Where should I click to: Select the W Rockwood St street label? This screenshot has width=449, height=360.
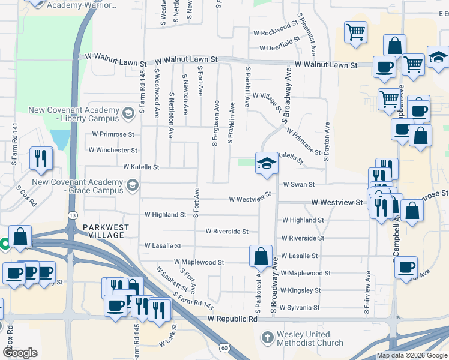point(276,32)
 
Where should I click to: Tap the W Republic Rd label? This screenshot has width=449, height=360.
point(232,319)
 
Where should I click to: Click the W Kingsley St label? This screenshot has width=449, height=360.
point(300,290)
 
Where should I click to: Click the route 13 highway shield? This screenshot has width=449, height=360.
point(73,215)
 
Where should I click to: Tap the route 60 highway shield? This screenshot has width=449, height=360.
point(223,347)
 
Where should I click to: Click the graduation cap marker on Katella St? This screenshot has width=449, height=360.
point(266,163)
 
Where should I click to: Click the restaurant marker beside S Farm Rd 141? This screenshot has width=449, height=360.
point(41,158)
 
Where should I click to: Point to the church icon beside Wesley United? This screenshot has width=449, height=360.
point(268,338)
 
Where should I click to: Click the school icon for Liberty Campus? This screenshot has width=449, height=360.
point(127,113)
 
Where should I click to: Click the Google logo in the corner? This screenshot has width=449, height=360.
point(20,353)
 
